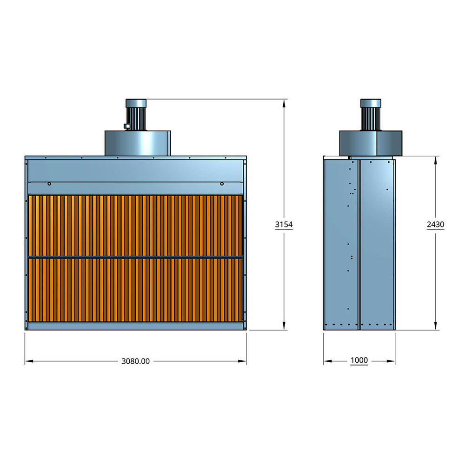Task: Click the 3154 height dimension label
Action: [284, 225]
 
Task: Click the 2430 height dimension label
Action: [435, 225]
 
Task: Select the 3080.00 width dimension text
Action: [135, 361]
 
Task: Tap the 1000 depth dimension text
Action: [359, 360]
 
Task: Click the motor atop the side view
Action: [371, 115]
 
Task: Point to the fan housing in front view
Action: [138, 143]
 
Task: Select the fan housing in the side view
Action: [371, 143]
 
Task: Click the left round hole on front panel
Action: [49, 184]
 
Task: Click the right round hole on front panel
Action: [222, 184]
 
